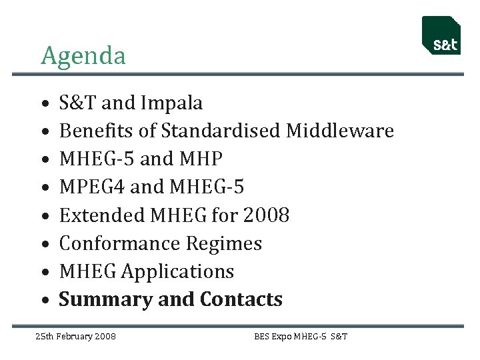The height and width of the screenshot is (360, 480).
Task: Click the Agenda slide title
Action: pyautogui.click(x=83, y=56)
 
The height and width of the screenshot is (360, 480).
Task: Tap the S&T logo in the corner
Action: pyautogui.click(x=441, y=36)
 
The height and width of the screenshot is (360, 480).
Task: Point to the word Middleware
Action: pyautogui.click(x=339, y=131)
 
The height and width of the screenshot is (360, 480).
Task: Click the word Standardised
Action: pyautogui.click(x=222, y=131)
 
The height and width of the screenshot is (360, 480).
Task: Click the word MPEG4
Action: pyautogui.click(x=92, y=187)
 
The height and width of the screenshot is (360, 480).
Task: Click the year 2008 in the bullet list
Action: pyautogui.click(x=266, y=215)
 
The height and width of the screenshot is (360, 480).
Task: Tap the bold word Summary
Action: pyautogui.click(x=106, y=300)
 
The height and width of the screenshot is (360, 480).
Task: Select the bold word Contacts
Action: pyautogui.click(x=241, y=300)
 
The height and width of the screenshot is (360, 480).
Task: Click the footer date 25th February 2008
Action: pyautogui.click(x=75, y=336)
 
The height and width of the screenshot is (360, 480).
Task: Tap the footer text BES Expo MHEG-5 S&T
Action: pyautogui.click(x=301, y=336)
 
